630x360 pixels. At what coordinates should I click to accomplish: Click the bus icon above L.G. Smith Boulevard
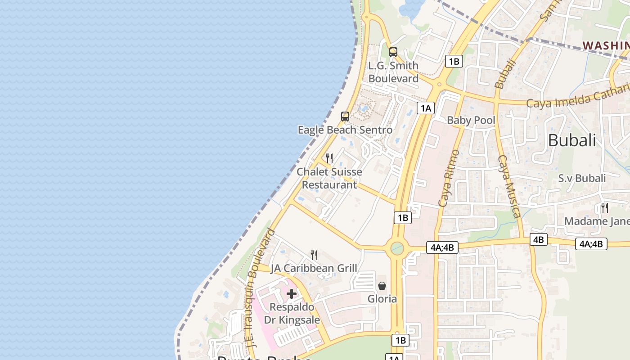(x=393, y=52)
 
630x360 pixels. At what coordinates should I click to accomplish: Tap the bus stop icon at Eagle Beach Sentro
(x=345, y=117)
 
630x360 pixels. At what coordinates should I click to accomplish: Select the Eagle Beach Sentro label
(x=345, y=130)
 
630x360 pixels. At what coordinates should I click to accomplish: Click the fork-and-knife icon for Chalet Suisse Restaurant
(x=329, y=158)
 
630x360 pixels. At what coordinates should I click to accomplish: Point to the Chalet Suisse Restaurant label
(x=329, y=178)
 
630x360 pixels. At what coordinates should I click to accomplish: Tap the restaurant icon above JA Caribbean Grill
(x=314, y=255)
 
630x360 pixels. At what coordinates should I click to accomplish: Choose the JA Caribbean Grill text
(x=314, y=269)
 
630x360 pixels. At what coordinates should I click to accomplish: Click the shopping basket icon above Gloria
(x=382, y=286)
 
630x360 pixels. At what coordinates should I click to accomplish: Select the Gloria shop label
(x=382, y=299)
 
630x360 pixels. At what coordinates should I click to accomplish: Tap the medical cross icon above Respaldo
(x=292, y=294)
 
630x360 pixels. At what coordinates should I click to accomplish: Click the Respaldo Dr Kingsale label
(x=292, y=314)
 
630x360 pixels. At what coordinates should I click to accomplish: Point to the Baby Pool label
(x=471, y=120)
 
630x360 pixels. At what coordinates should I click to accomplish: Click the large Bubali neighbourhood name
(x=572, y=140)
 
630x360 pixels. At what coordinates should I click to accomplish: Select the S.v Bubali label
(x=582, y=178)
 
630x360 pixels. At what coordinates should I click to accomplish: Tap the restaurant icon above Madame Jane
(x=604, y=208)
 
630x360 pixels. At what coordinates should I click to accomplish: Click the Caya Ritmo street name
(x=449, y=178)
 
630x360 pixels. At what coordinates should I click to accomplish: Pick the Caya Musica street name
(x=509, y=186)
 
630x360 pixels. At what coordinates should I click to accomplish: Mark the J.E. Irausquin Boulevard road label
(x=261, y=288)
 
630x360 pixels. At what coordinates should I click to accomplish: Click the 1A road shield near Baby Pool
(x=425, y=108)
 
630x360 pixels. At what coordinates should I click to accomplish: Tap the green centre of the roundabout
(x=397, y=248)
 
